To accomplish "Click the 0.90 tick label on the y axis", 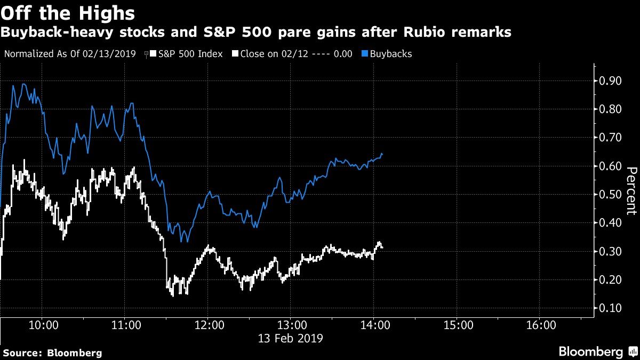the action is pos(610,81).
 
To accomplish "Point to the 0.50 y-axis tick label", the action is pos(610,195).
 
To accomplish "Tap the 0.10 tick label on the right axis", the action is pos(610,308).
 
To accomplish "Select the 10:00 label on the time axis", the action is pos(44,325).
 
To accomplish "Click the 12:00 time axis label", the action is pos(210,325).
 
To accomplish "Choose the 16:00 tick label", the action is pos(541,325).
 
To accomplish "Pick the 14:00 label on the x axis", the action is pos(375,325).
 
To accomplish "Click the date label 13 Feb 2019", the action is pos(290,339).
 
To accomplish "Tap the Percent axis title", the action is pos(631,191).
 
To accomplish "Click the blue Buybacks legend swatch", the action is pos(365,54).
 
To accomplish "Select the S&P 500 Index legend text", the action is pos(190,54).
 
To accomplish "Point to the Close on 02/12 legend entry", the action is pos(292,54).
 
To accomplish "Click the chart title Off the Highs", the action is pos(68,13).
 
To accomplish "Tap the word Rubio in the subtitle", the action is pos(425,32).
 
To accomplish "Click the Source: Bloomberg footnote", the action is pos(53,353).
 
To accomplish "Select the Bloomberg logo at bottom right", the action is pos(598,351).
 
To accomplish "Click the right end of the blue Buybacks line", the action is pos(382,155).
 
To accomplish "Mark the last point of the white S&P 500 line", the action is pos(382,247).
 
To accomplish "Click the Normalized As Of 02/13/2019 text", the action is pos(70,54).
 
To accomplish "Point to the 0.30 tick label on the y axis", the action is pos(610,251).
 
